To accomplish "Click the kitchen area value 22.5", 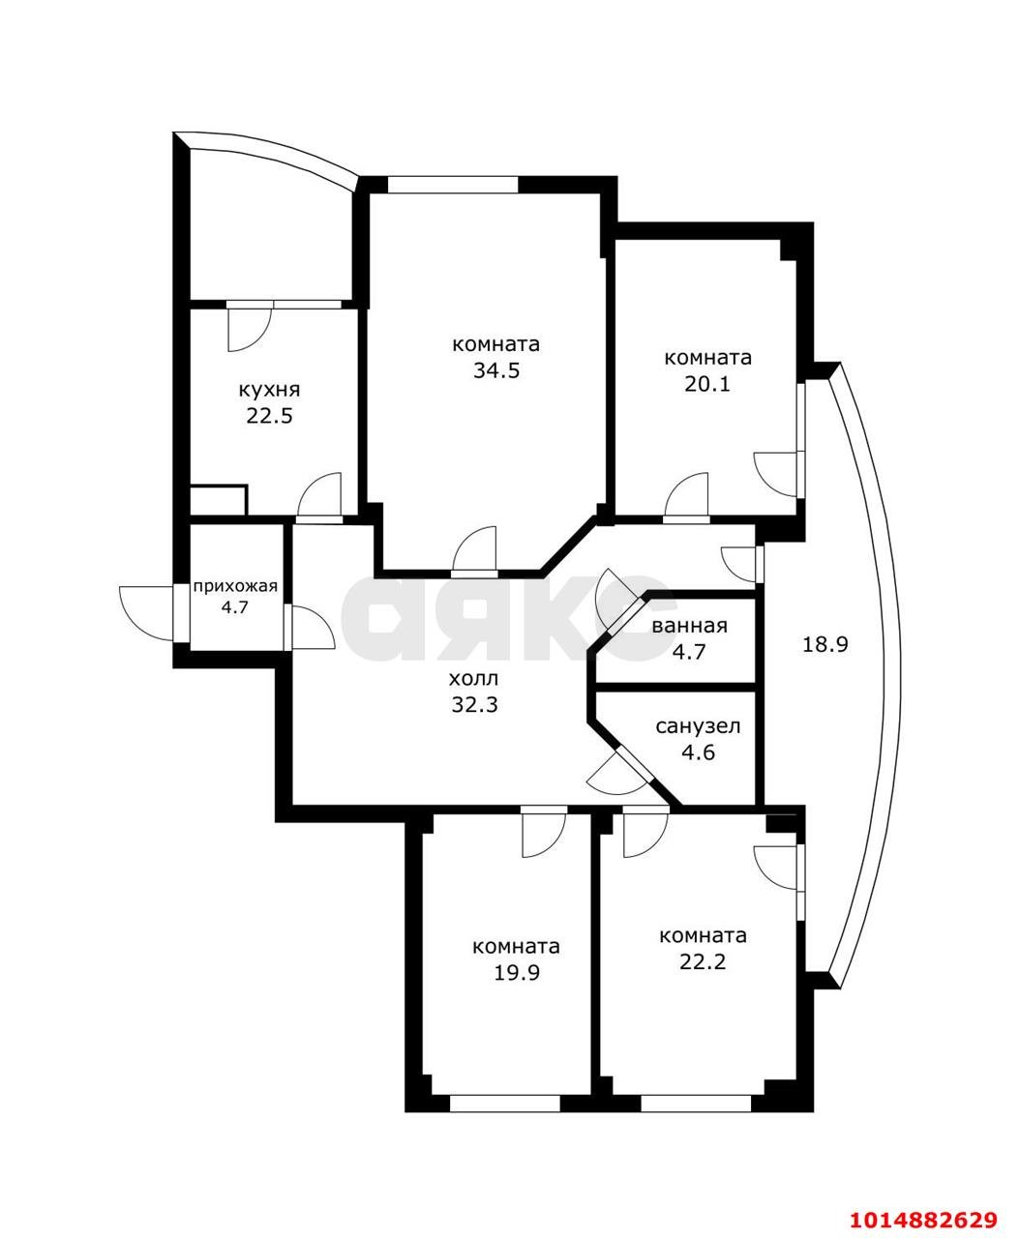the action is coord(269,416).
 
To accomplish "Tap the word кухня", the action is coord(269,391).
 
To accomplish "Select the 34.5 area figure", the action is coord(496,370).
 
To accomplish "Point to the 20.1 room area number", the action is coord(707,384).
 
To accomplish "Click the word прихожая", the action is coord(235,586).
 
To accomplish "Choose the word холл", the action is coord(474,678).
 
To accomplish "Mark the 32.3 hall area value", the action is coord(475,704).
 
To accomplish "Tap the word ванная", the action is coord(689,626).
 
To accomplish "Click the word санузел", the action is coord(698,726).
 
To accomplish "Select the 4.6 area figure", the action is coord(698,752).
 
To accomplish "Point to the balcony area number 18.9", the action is coord(825,644).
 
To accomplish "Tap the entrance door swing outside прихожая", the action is coord(146,613).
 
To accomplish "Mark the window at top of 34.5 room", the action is coord(453,185).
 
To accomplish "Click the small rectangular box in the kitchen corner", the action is coord(218,500).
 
